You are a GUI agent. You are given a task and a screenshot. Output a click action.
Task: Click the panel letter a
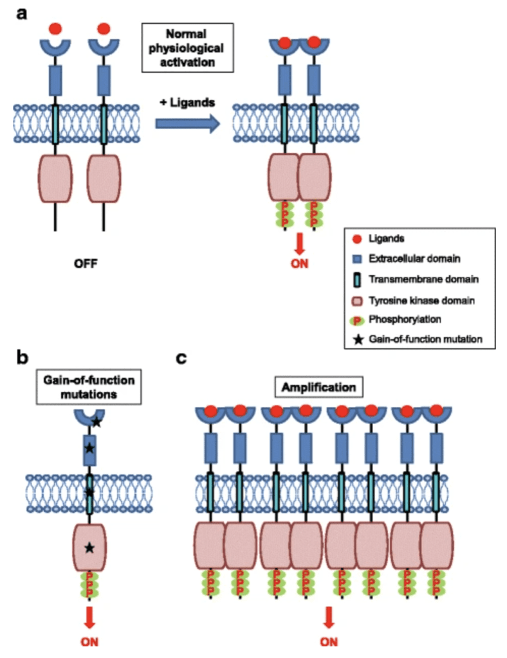coord(21,13)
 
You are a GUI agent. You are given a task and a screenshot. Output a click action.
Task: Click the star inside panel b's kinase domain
coord(89,547)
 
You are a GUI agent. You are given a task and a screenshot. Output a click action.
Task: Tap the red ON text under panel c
coord(328,641)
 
